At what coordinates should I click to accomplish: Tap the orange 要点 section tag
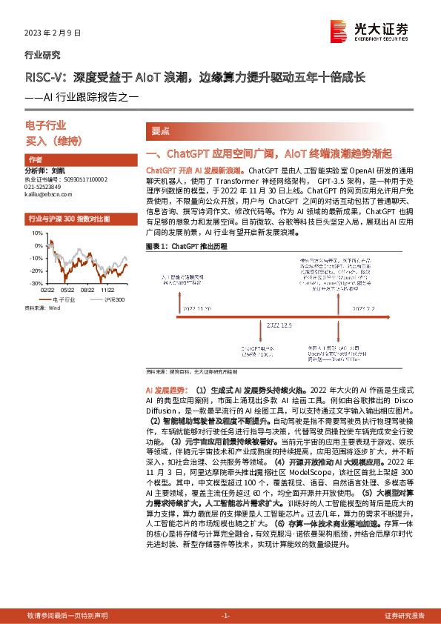click(x=160, y=131)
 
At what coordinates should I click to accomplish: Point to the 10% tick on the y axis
click(x=36, y=233)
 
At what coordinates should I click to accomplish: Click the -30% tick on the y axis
click(x=35, y=283)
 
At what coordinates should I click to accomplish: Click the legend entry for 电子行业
click(x=62, y=300)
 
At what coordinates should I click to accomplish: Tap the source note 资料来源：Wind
click(x=42, y=308)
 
